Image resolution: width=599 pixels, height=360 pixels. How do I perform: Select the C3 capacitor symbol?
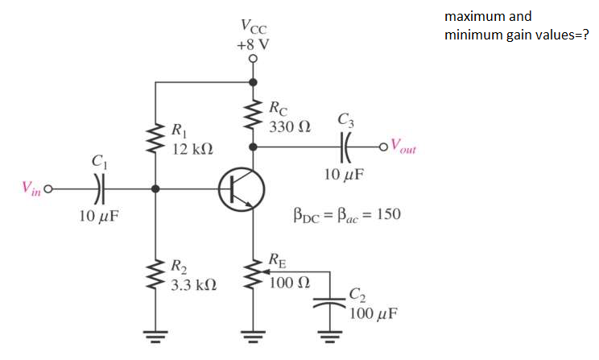[346, 147]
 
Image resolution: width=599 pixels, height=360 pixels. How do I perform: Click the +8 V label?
[254, 43]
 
